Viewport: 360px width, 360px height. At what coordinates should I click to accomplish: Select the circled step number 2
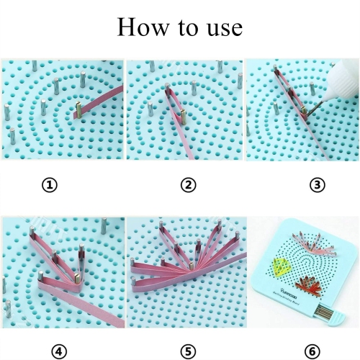tap(188, 185)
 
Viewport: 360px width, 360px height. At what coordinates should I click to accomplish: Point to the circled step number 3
tap(318, 185)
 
